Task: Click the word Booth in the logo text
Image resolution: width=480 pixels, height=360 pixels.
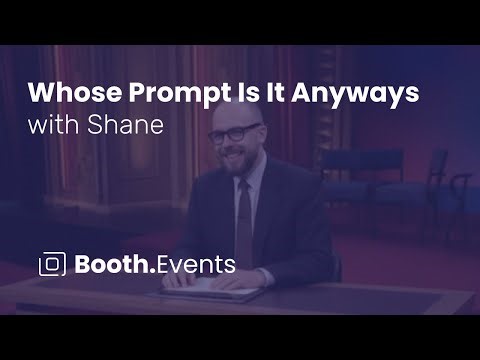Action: coord(112,265)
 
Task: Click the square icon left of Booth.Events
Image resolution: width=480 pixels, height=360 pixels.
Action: coord(52,265)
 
